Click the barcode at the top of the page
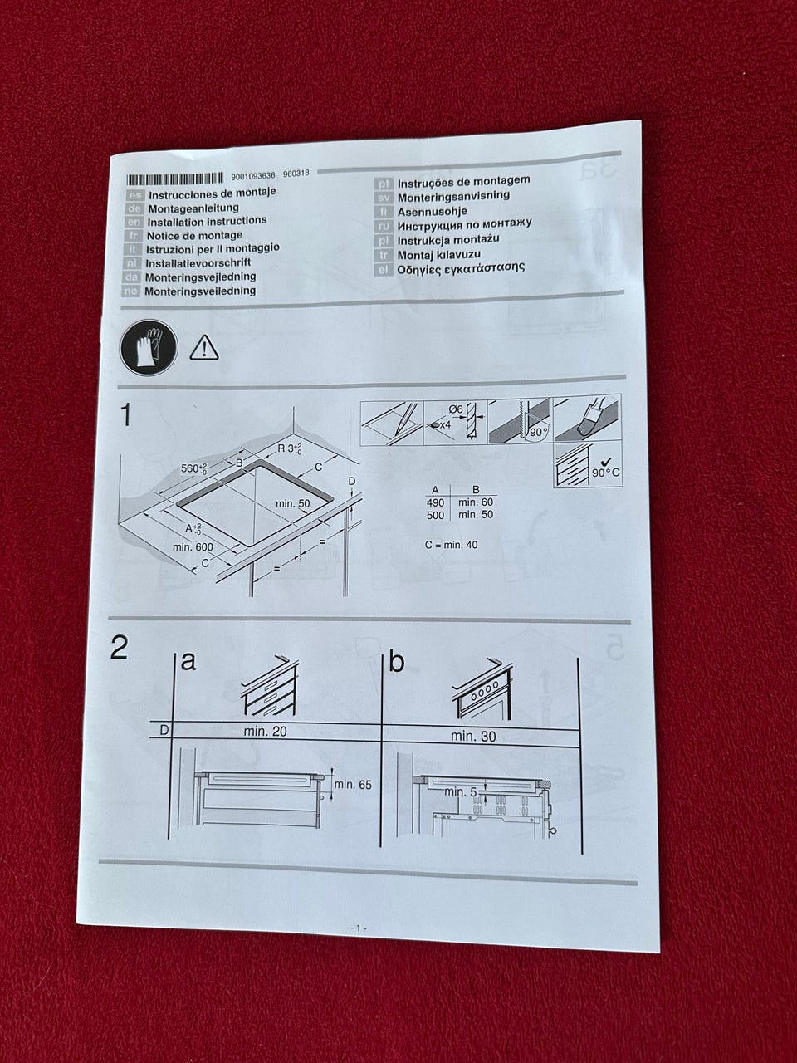[174, 179]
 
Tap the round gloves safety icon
[149, 347]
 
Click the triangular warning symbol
[204, 348]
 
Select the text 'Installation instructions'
[207, 221]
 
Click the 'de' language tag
[134, 208]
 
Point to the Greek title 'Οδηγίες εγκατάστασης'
[461, 268]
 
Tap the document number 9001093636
[253, 176]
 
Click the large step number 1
[126, 415]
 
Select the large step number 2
[119, 648]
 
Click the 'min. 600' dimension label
[193, 547]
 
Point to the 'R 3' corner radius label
[290, 448]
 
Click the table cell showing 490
[436, 502]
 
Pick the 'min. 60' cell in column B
[476, 502]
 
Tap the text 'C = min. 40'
[451, 545]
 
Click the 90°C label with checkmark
[606, 468]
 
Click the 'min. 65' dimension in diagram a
[353, 785]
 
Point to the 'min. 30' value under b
[473, 737]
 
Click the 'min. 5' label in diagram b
[460, 792]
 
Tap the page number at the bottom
[358, 928]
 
